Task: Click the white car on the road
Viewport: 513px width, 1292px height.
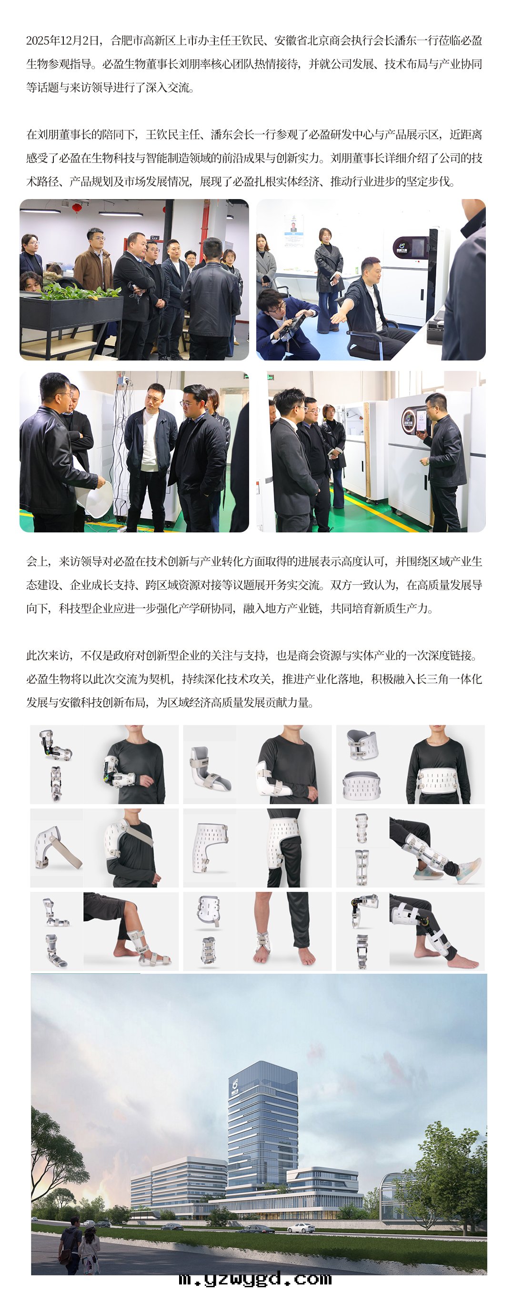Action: coord(301,1228)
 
